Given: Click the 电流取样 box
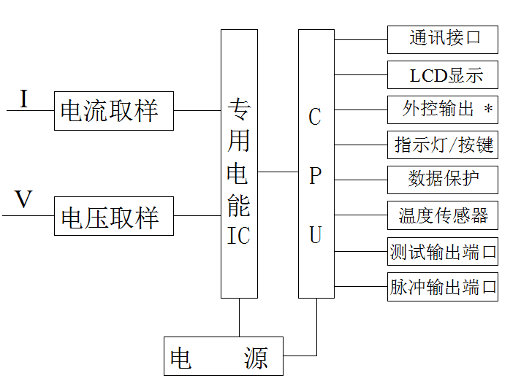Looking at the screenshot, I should tap(113, 111).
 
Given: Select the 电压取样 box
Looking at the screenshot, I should tap(113, 216).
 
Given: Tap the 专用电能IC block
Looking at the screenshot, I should tap(239, 164).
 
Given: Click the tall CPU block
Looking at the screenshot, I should tap(316, 164).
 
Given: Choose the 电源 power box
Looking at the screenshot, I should tap(223, 356).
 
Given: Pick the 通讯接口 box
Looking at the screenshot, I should tap(442, 39).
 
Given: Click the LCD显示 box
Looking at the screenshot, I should tap(442, 75).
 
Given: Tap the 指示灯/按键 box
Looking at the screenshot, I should tap(442, 145).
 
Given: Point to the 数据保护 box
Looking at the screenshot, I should tap(442, 180).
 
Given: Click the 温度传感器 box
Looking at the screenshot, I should tap(442, 215).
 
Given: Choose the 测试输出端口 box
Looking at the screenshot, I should tap(442, 252).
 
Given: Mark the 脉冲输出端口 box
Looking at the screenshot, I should tap(442, 287).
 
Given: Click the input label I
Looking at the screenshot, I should tap(23, 99).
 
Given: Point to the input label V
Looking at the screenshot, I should tap(24, 200).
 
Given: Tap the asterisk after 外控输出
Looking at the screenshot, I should tap(488, 111).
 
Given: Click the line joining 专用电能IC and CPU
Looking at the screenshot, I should tap(278, 172).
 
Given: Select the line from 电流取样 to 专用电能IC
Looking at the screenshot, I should tap(197, 111).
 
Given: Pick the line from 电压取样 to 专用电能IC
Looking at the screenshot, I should tap(197, 216).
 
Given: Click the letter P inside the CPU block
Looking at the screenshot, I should tap(315, 176).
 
